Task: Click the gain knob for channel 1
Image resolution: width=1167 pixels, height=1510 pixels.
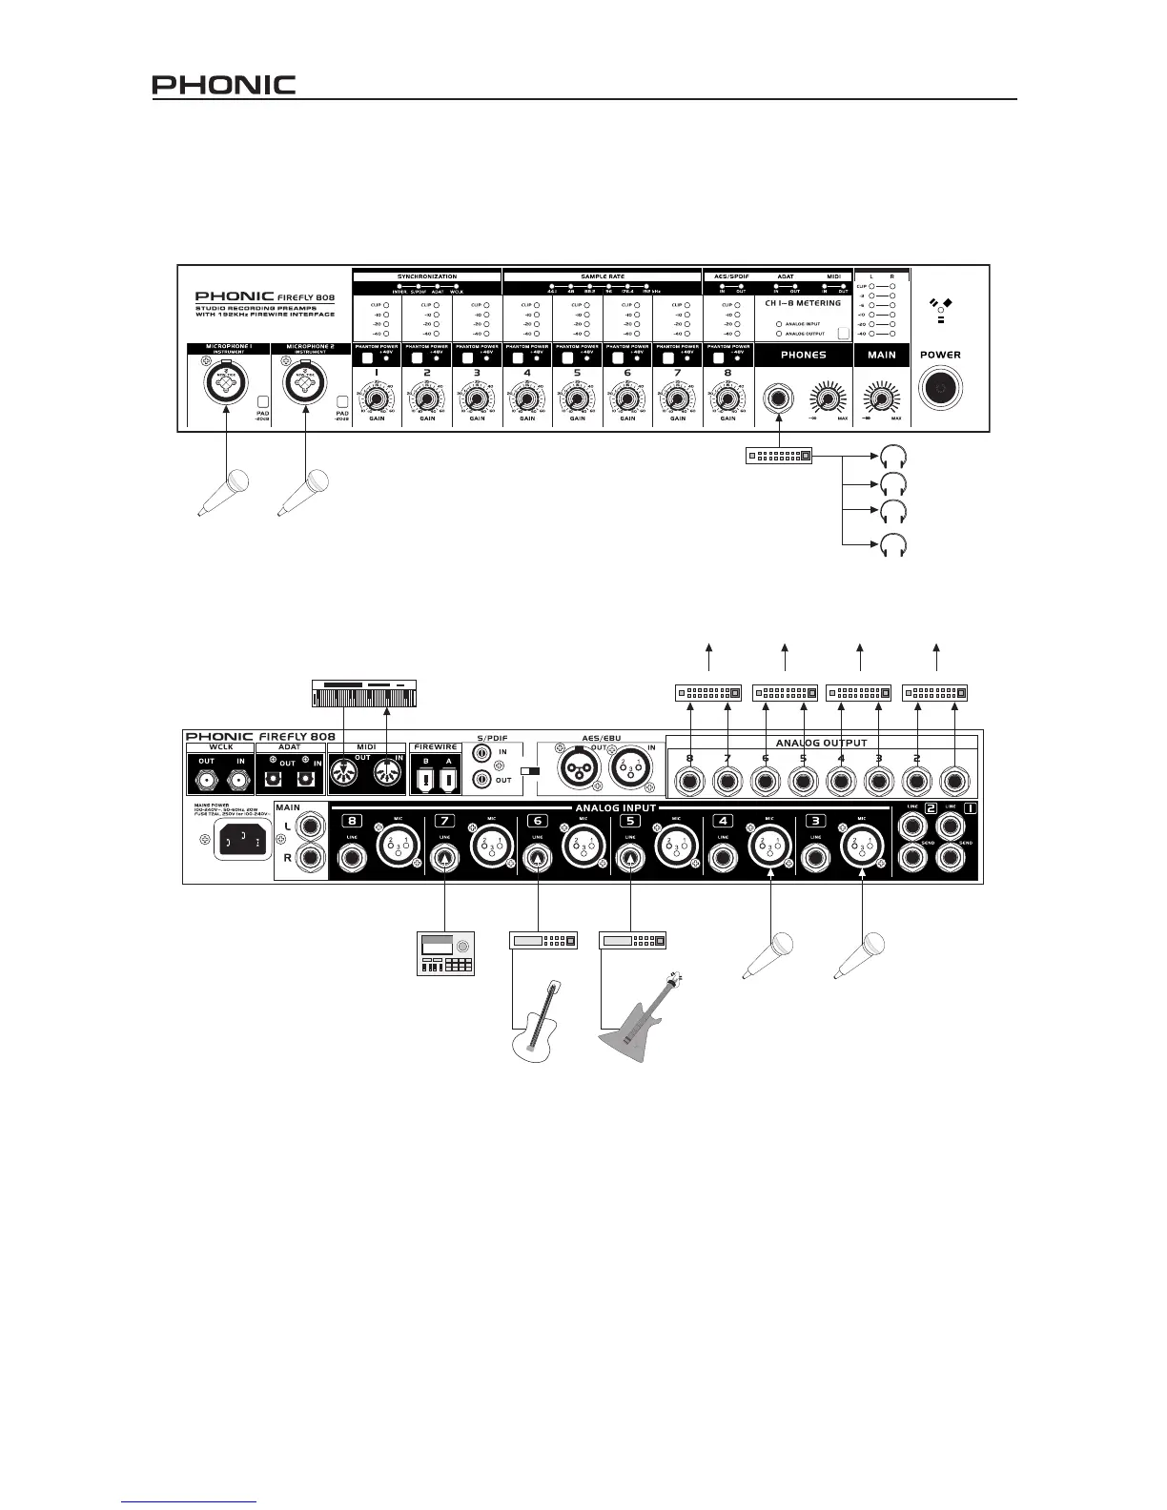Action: click(x=377, y=398)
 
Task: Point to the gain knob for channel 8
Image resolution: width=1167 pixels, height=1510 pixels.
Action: click(x=727, y=398)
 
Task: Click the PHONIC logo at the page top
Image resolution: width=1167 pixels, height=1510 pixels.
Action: click(x=224, y=85)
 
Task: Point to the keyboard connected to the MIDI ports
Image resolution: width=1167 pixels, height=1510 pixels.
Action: click(x=364, y=693)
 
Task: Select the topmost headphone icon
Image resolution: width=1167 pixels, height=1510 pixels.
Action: click(x=893, y=458)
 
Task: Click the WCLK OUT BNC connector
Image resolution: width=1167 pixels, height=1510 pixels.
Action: click(x=206, y=782)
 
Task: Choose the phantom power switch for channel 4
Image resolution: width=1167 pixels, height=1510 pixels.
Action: click(x=516, y=358)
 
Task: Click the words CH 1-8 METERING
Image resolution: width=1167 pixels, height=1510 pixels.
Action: click(x=803, y=303)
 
